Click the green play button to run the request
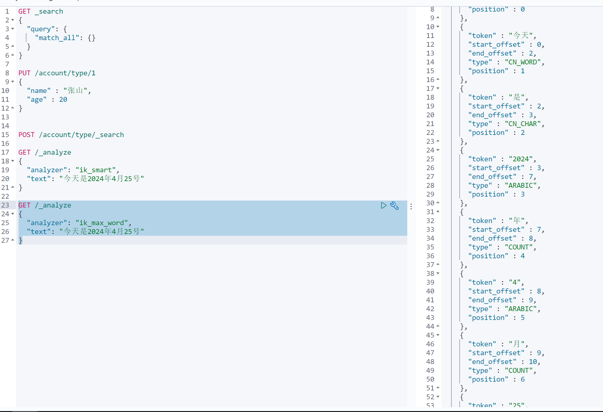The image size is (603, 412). coord(384,206)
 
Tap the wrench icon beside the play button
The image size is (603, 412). coord(394,206)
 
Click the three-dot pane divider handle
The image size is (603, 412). coord(411,207)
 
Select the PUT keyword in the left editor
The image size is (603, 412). coord(24,73)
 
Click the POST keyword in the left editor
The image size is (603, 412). coord(26,135)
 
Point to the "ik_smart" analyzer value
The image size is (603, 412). coord(96,170)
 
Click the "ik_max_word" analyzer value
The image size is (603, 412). coord(102,223)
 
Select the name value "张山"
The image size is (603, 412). coord(75,91)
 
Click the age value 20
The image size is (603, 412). coord(63,100)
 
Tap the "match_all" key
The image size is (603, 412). coord(57,38)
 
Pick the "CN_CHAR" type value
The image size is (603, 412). coord(523,124)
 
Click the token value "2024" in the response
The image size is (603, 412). coord(521,159)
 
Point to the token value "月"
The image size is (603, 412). coord(517,344)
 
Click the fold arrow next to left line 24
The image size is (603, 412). coord(12,214)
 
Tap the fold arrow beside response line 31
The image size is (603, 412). coord(438,212)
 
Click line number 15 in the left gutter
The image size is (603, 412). coord(5,135)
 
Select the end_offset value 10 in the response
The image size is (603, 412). coord(533,362)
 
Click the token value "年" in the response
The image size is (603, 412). coord(517,221)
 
